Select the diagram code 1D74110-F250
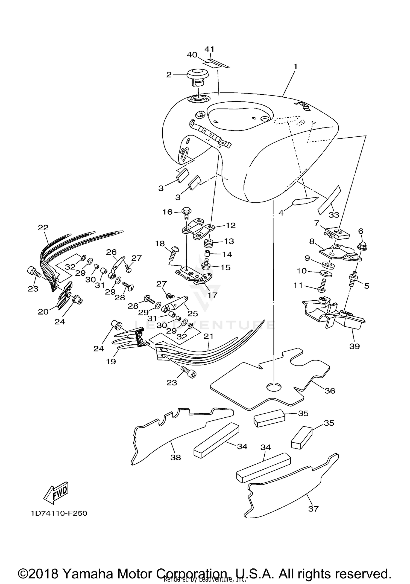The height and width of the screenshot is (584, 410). (x=59, y=513)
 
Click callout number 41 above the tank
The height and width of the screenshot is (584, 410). (x=209, y=49)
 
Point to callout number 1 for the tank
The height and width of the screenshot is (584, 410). (x=295, y=67)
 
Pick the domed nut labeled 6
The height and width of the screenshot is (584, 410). (x=362, y=246)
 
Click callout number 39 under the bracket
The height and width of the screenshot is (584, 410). (x=355, y=346)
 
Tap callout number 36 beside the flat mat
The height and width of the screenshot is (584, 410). (x=330, y=391)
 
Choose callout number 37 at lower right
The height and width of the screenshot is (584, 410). (x=313, y=509)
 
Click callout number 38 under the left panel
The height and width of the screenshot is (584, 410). (x=175, y=457)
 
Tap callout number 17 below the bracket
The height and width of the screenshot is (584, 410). (x=212, y=295)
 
